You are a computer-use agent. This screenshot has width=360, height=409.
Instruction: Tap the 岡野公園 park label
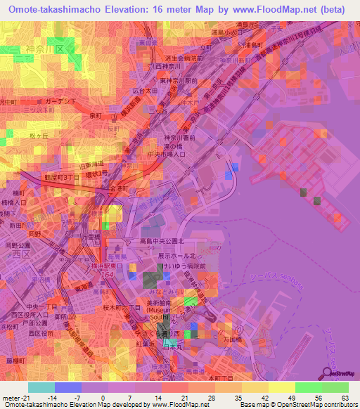pos(15,246)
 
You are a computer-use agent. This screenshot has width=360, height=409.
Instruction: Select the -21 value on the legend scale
pos(13,398)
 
